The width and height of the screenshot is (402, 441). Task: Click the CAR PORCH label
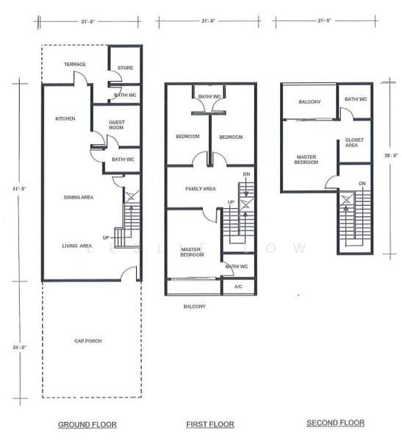pyautogui.click(x=87, y=341)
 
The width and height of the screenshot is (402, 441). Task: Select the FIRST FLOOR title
pyautogui.click(x=209, y=424)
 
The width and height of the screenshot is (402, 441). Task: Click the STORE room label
pyautogui.click(x=125, y=68)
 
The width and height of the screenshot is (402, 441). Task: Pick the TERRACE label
pyautogui.click(x=75, y=64)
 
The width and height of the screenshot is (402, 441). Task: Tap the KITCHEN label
pyautogui.click(x=65, y=118)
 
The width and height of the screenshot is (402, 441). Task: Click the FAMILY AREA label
pyautogui.click(x=200, y=189)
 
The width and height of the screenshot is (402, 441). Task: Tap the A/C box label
pyautogui.click(x=238, y=286)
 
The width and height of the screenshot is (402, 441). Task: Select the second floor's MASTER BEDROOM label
pyautogui.click(x=307, y=159)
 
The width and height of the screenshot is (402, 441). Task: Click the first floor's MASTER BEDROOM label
pyautogui.click(x=192, y=253)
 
